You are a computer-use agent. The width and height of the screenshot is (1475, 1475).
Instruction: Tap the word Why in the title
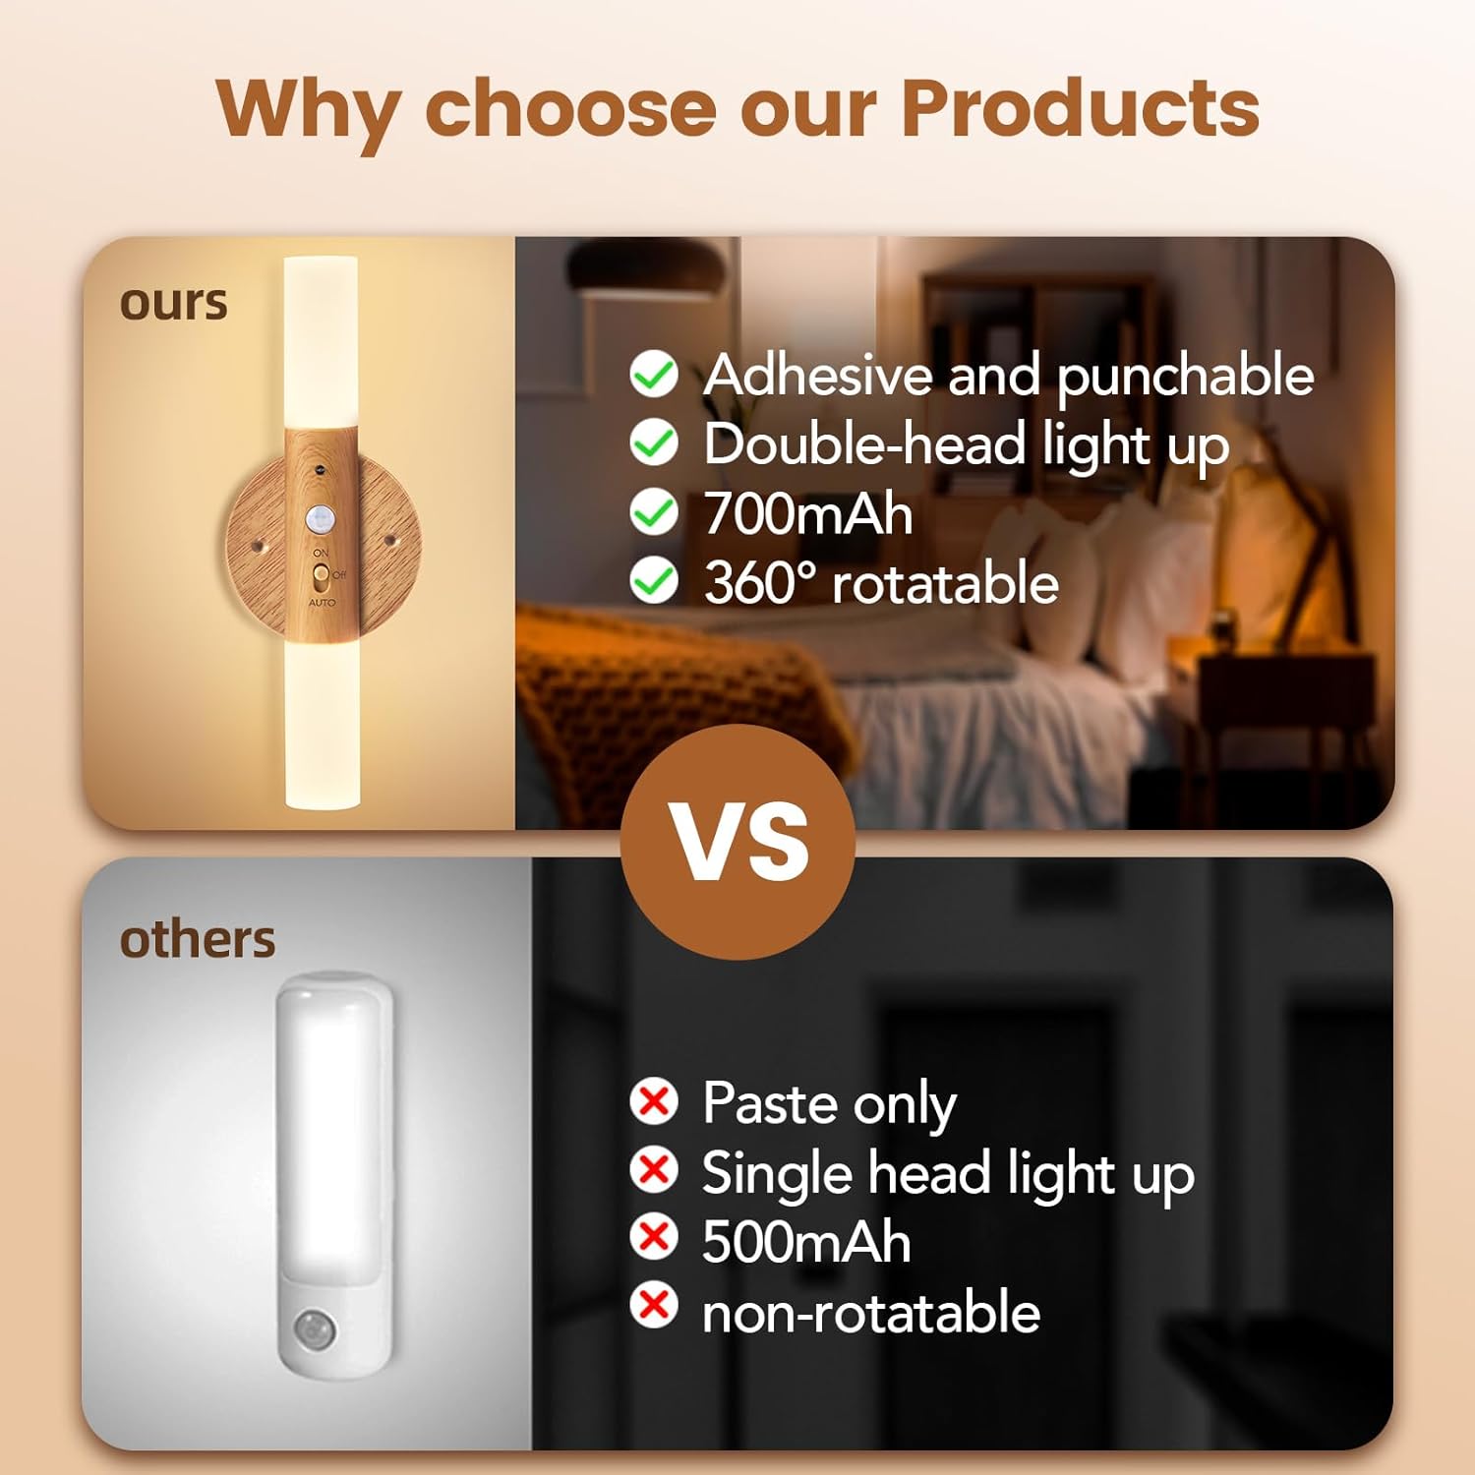(x=307, y=110)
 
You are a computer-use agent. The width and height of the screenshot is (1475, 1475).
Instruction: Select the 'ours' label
(x=173, y=303)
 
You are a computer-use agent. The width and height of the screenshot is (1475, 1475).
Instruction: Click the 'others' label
(x=197, y=940)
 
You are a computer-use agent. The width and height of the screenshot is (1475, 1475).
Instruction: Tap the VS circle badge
(x=737, y=842)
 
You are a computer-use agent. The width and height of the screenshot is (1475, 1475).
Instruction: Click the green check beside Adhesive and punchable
(x=654, y=375)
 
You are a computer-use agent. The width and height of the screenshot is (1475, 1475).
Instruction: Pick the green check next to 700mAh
(x=654, y=513)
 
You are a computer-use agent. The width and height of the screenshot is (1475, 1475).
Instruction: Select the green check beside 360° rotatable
(x=654, y=581)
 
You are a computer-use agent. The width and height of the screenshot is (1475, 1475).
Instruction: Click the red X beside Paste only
(x=654, y=1101)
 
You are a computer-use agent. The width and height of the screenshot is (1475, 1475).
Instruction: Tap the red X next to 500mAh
(x=654, y=1237)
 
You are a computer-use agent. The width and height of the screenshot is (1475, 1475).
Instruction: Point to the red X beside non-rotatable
(x=654, y=1306)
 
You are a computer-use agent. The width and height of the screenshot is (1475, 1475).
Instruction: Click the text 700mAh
(x=808, y=514)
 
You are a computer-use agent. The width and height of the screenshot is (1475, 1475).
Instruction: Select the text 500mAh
(x=806, y=1242)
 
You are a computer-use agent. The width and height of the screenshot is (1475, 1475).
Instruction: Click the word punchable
(x=1185, y=377)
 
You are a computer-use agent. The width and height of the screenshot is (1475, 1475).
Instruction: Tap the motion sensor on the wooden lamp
(x=320, y=517)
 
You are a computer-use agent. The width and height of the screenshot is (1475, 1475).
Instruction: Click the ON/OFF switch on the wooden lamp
(x=321, y=574)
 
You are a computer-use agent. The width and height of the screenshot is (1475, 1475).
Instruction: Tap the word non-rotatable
(x=871, y=1313)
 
